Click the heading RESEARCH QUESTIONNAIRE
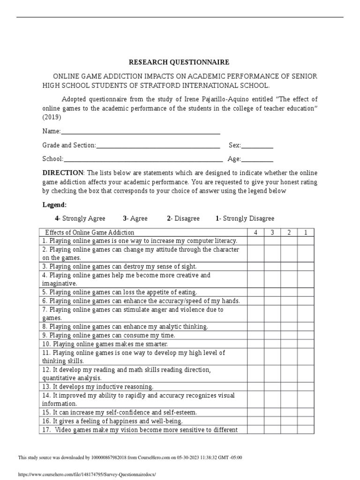[172, 62]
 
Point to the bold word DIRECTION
[63, 173]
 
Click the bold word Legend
[54, 205]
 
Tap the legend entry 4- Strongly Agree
[80, 218]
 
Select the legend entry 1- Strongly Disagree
[245, 218]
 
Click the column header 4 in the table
[255, 232]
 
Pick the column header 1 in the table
[306, 232]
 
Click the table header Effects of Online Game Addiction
[90, 232]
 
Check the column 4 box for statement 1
[255, 240]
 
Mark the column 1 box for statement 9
[306, 335]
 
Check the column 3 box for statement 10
[272, 344]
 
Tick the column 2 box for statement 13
[289, 387]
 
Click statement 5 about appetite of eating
[120, 292]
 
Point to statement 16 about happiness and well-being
[112, 421]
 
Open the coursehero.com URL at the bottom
[86, 474]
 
